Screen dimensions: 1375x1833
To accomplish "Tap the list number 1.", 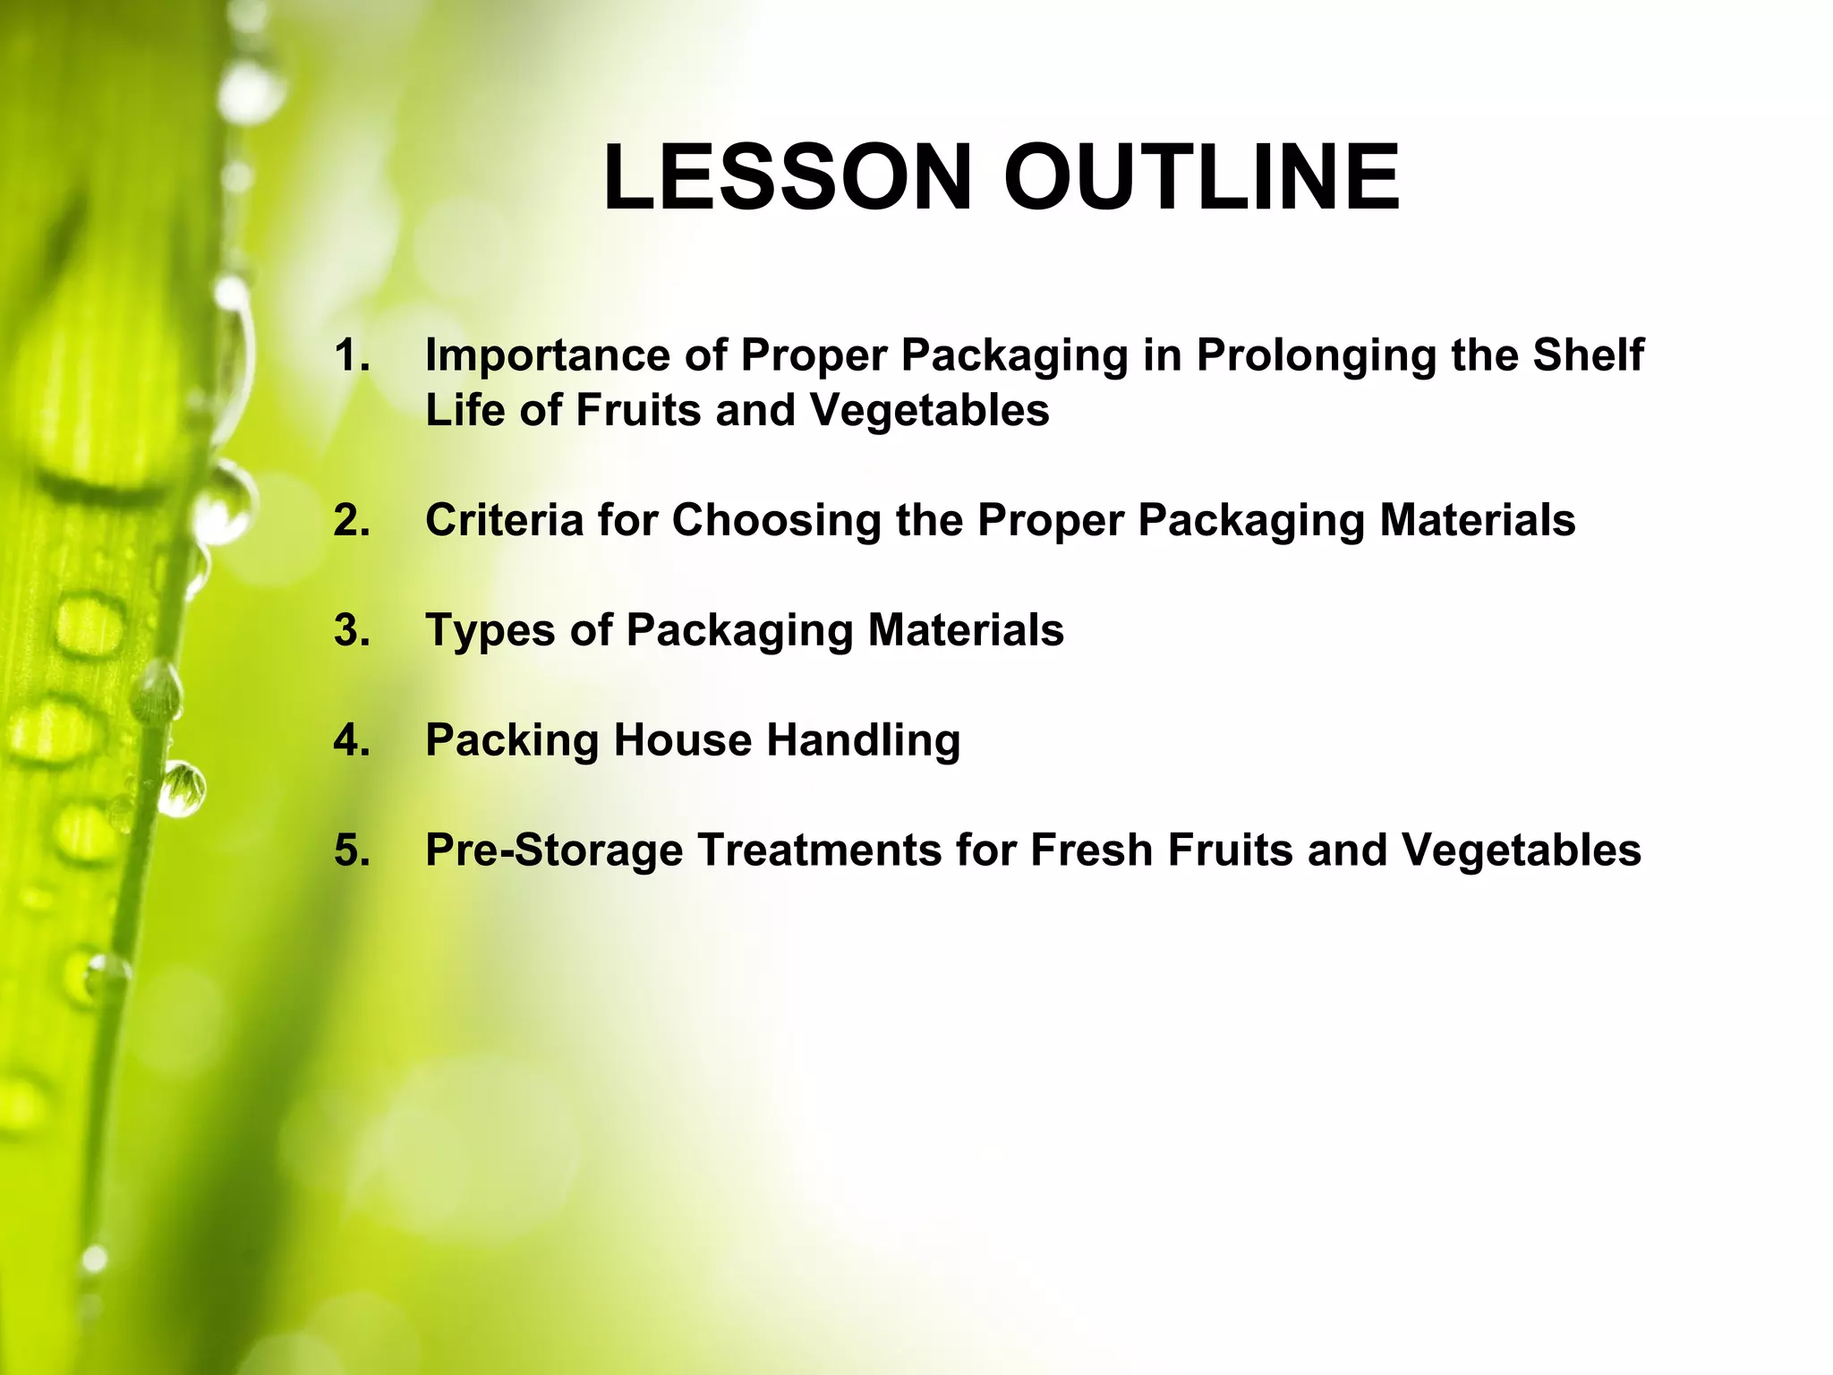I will pos(351,355).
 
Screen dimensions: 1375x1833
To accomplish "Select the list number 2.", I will pos(351,520).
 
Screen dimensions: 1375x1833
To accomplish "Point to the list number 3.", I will pos(351,630).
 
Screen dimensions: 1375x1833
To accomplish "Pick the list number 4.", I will pos(351,740).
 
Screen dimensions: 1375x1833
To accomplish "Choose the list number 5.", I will pos(351,850).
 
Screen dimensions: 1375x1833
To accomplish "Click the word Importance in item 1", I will pos(547,355).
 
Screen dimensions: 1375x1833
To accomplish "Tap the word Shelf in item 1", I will pos(1588,355).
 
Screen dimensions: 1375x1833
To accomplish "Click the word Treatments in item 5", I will pos(819,850).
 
